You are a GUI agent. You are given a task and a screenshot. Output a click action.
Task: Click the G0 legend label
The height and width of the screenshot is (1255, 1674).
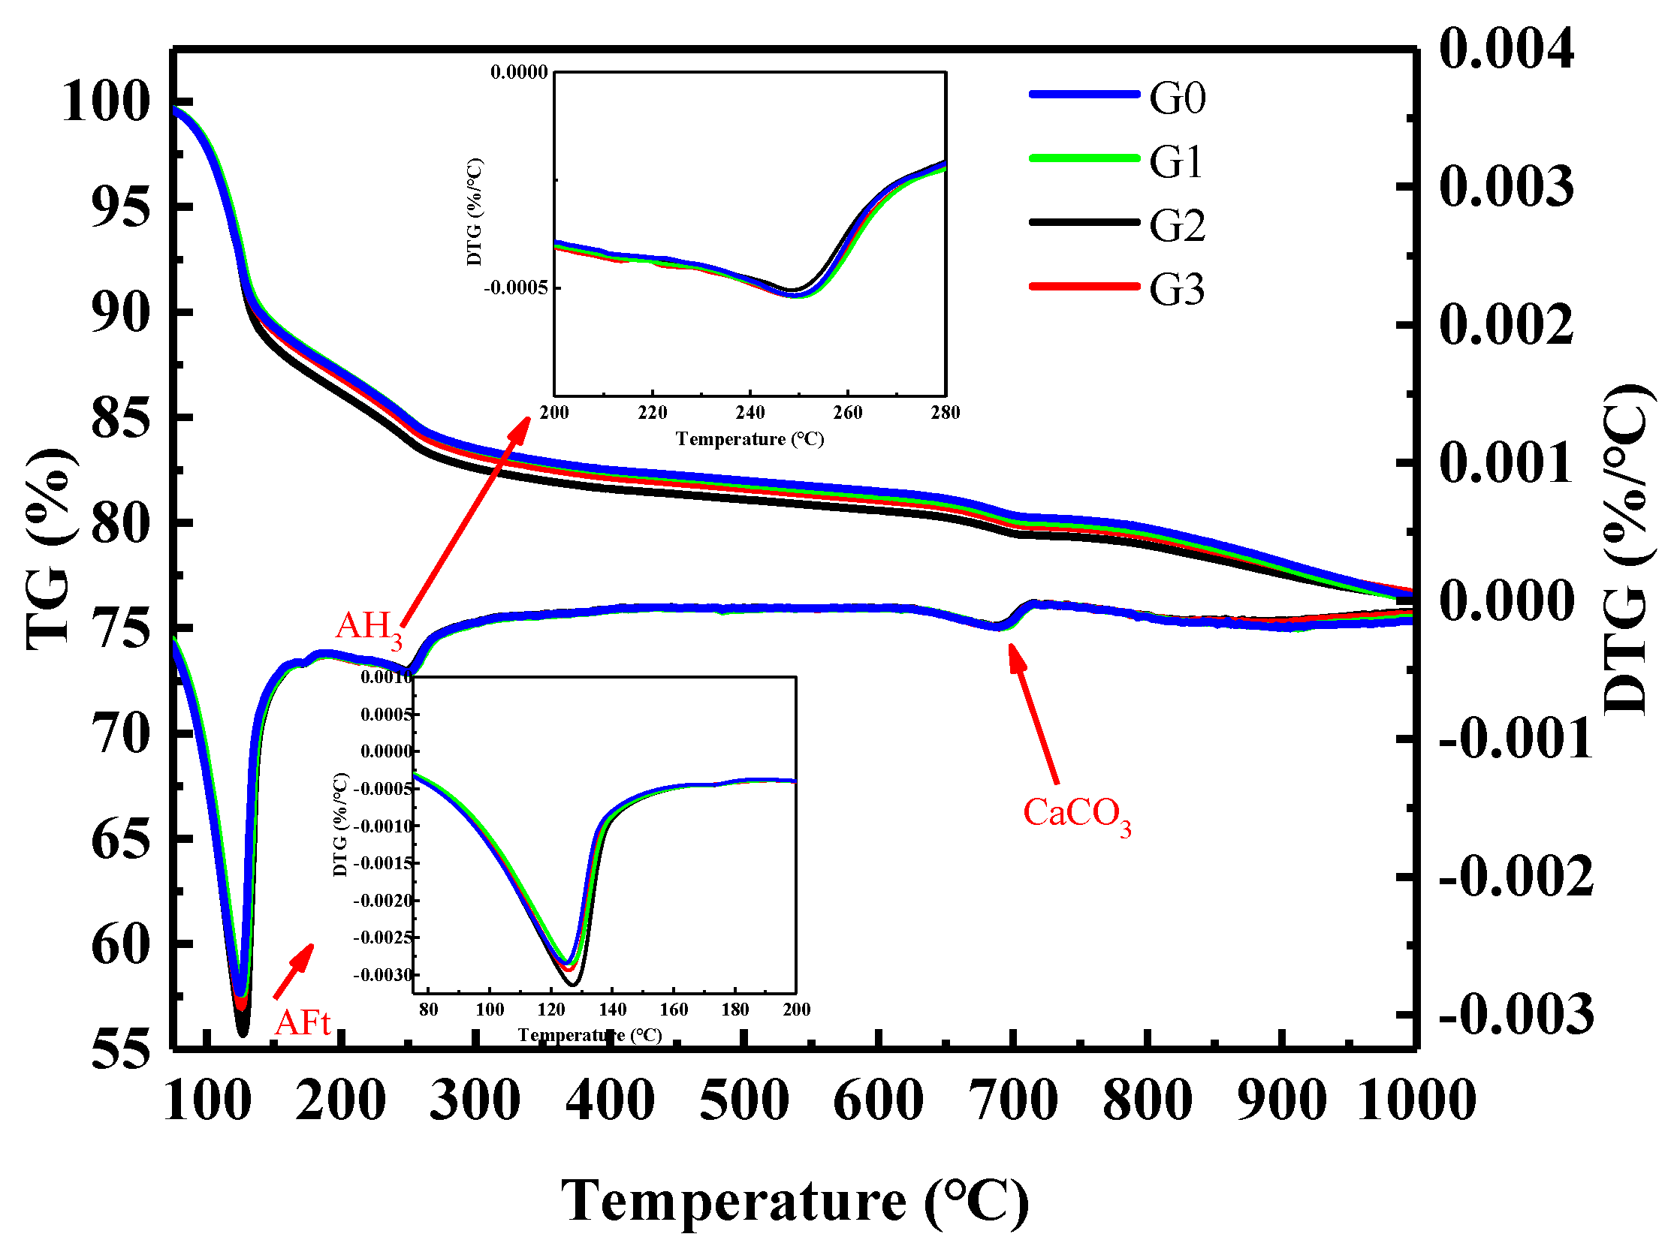point(1177,98)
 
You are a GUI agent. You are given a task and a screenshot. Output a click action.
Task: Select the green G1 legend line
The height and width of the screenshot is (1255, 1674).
point(1084,158)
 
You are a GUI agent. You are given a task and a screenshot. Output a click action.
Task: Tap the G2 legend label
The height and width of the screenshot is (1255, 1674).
point(1177,225)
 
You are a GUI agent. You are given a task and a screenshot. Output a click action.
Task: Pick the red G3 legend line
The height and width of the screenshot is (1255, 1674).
point(1084,286)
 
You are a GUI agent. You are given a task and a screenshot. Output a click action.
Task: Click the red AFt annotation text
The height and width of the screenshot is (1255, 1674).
point(303,1024)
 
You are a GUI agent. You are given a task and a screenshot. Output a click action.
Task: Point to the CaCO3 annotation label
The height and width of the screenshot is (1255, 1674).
point(1076,814)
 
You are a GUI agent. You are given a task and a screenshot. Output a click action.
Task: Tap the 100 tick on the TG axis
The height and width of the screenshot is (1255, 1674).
point(105,102)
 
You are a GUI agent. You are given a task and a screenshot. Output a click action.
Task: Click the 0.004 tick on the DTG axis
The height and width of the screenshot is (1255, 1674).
point(1506,50)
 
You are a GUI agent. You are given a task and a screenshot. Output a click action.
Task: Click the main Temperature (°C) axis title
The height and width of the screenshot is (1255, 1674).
point(795,1200)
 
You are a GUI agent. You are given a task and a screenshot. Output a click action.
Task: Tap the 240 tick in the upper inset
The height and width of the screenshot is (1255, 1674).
point(750,413)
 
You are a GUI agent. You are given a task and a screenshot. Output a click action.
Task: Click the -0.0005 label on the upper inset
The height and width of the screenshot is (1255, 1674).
point(515,288)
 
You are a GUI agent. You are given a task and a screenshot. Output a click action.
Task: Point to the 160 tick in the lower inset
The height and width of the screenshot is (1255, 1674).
point(674,1010)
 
